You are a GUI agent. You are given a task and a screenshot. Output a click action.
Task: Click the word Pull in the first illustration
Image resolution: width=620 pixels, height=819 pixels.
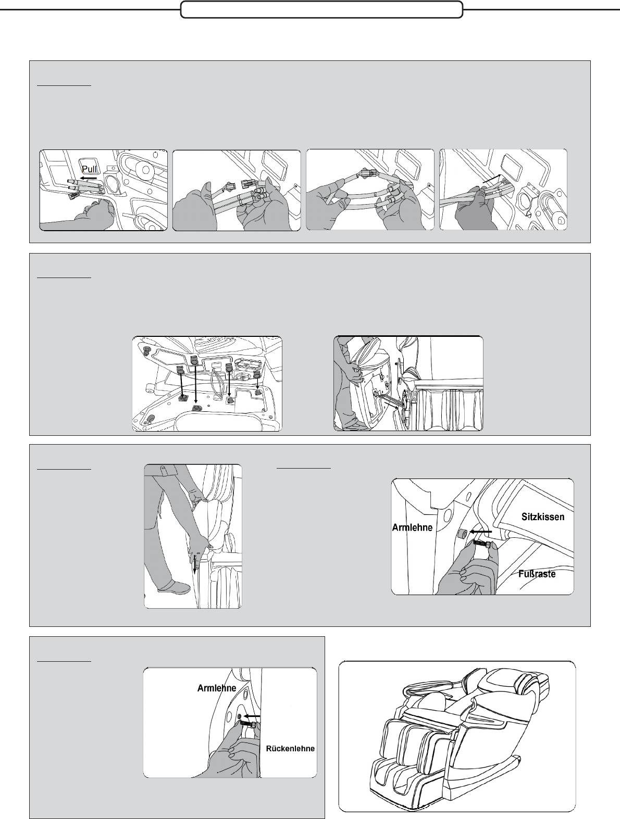89,169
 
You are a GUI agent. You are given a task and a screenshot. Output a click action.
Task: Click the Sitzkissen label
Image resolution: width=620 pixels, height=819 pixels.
543,517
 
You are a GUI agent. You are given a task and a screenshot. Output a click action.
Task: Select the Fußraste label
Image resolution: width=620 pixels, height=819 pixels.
537,573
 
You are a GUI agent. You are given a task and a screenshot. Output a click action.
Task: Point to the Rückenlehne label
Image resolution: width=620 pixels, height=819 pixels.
290,749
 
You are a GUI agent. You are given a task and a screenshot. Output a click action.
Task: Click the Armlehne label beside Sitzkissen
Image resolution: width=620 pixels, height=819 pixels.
412,527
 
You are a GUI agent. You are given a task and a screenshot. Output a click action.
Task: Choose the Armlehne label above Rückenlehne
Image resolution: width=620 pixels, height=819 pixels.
217,688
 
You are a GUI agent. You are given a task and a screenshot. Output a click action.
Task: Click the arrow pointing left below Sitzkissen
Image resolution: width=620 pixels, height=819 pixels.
481,532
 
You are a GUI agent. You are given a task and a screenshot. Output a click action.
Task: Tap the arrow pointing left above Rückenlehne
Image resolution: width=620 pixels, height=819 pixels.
252,716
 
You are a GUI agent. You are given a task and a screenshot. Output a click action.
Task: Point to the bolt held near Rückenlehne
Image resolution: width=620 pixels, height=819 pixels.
248,725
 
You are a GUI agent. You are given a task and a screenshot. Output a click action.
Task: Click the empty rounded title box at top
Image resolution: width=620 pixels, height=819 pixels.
322,10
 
